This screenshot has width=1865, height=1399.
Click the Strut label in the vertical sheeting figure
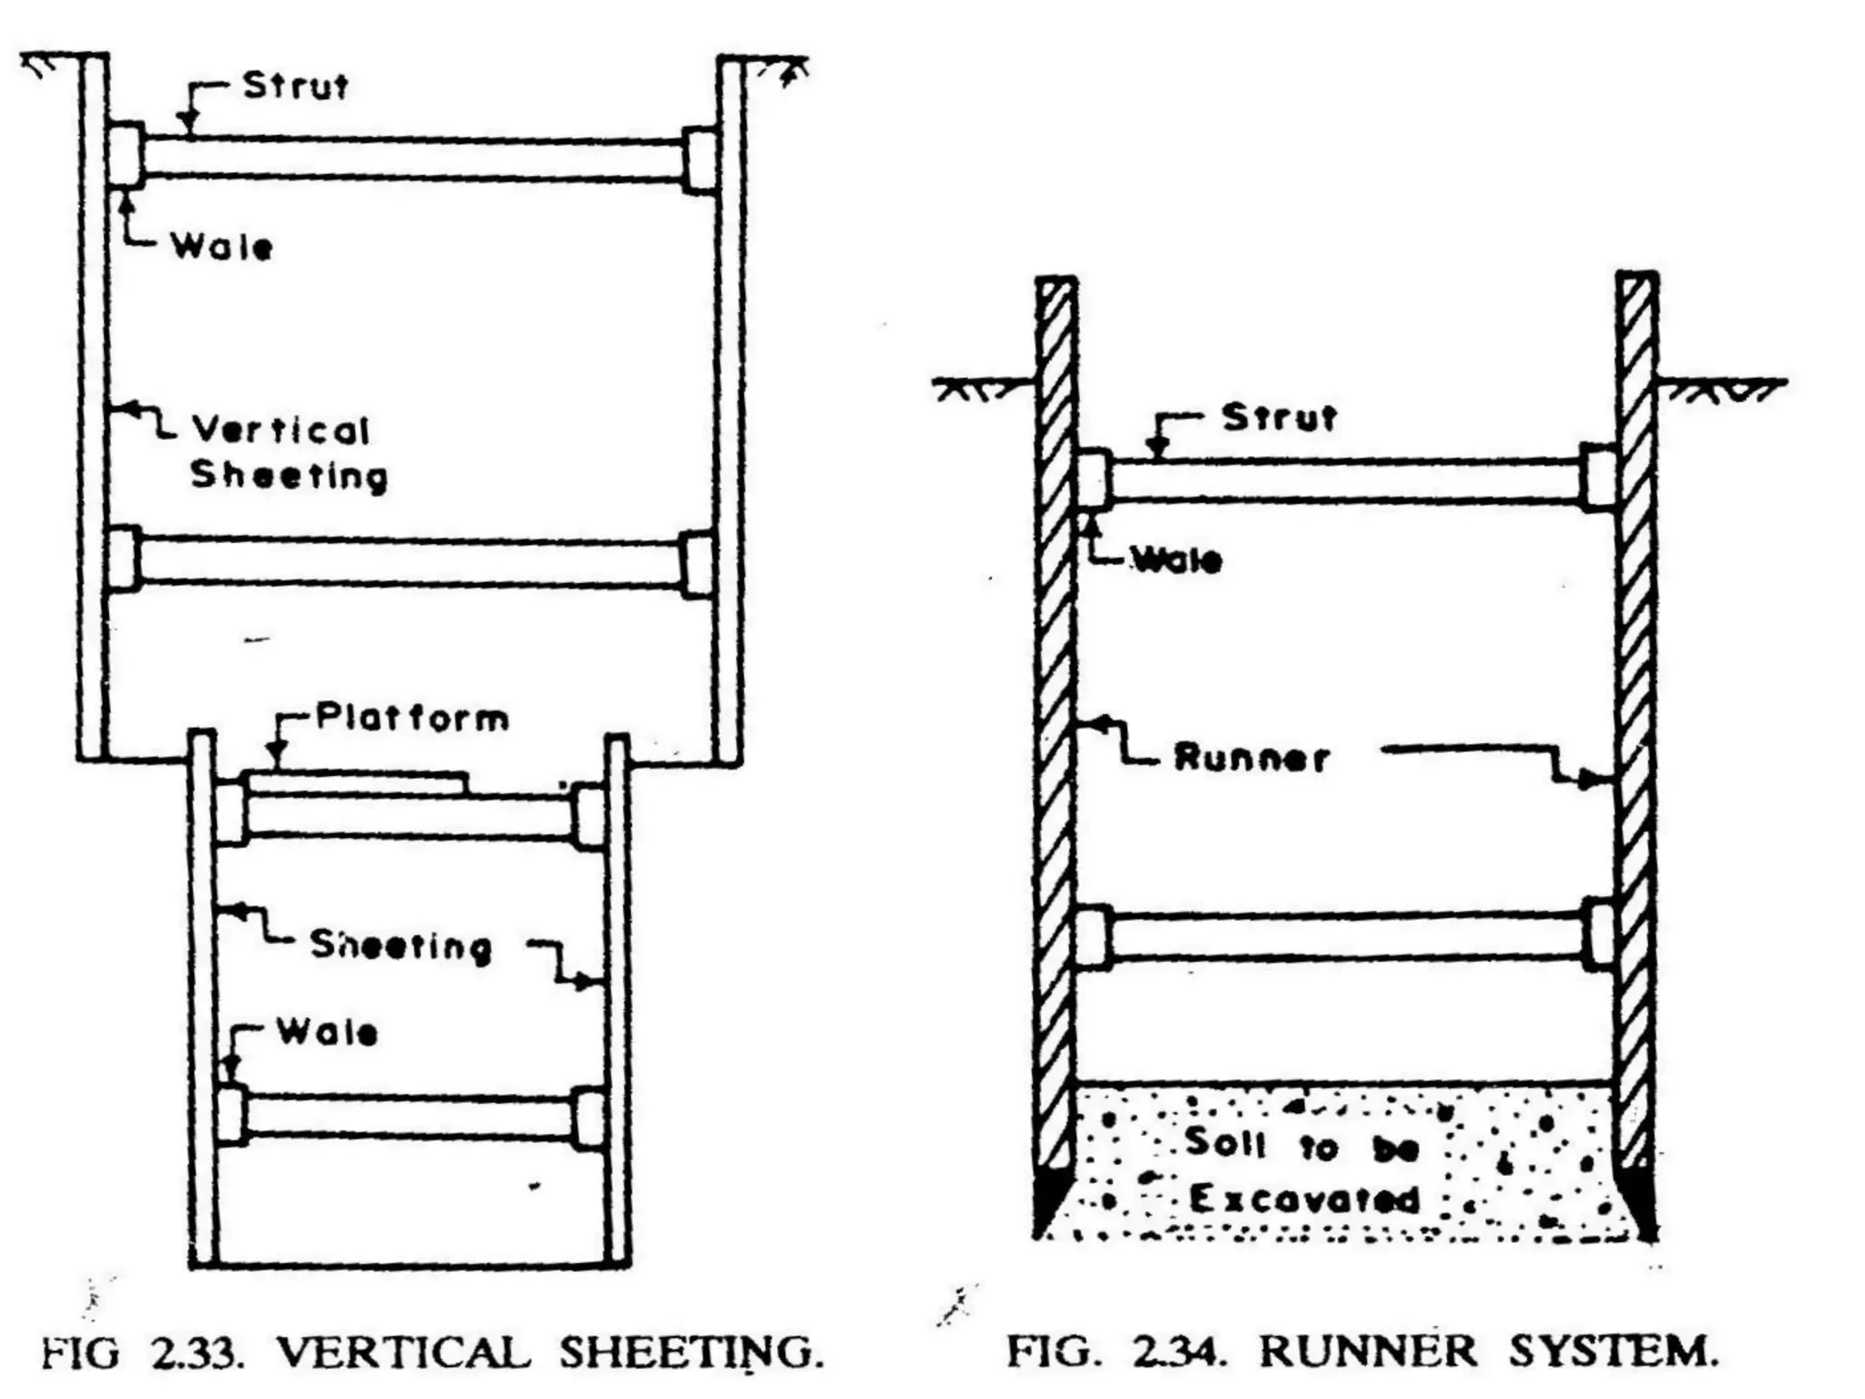click(x=295, y=87)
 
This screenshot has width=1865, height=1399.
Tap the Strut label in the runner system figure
click(x=1279, y=418)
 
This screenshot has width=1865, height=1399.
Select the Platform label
click(x=412, y=719)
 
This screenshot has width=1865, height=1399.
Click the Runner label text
click(x=1251, y=758)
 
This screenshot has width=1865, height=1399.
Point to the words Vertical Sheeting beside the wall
click(x=286, y=453)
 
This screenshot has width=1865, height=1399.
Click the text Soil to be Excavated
click(x=1302, y=1171)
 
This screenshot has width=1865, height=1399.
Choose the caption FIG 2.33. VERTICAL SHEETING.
click(x=432, y=1353)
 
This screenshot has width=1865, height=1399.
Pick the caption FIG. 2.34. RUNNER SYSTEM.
click(x=1361, y=1352)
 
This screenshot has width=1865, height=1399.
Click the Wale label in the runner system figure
click(x=1176, y=560)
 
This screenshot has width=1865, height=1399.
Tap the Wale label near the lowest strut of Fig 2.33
click(x=327, y=1033)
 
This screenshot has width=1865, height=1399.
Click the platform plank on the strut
click(x=357, y=781)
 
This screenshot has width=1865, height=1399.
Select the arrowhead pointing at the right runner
click(x=1594, y=780)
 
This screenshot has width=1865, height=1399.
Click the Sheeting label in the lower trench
click(x=401, y=945)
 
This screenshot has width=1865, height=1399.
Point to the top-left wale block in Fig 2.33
click(x=125, y=156)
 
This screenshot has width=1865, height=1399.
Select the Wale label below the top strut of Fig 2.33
click(x=221, y=247)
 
